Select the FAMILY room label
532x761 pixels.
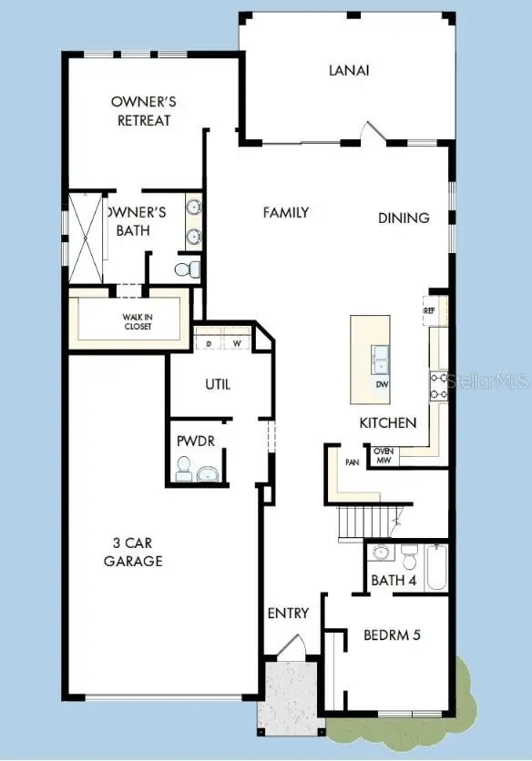[286, 212]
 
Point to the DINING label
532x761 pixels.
[404, 218]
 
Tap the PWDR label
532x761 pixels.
[195, 441]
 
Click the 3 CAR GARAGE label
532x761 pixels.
[133, 553]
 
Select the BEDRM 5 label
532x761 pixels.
[392, 634]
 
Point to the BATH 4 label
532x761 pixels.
[394, 580]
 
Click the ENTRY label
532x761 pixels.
[288, 614]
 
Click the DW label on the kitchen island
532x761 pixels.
[382, 384]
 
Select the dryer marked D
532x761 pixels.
[208, 344]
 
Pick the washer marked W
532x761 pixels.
[236, 344]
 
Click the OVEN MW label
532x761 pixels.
[383, 455]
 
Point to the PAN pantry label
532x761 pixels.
[352, 462]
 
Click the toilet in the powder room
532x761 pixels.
[183, 471]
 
